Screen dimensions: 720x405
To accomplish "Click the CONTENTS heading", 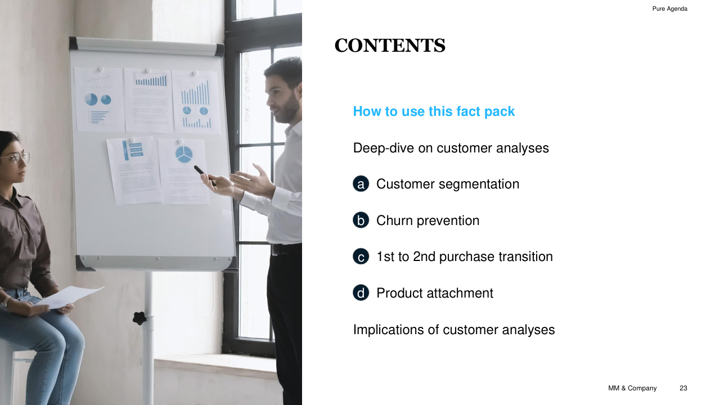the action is pos(390,46).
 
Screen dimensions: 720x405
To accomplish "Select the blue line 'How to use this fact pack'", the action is pos(434,111).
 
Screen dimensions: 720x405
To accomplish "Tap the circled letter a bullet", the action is pos(361,184).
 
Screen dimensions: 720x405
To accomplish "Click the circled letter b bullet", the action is pos(361,220).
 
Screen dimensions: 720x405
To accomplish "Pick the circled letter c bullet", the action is pos(361,256).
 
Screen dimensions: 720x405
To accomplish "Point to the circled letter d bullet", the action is pos(361,293).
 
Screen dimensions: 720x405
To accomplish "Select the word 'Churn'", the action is pos(395,220).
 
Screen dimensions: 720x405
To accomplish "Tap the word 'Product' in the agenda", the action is pos(399,293).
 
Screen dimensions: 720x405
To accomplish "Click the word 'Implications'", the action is pos(388,330).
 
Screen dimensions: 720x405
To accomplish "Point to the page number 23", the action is pos(683,388).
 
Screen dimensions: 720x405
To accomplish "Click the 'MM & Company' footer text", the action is pos(632,388).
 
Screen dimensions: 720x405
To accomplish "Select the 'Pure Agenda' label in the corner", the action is pos(670,8).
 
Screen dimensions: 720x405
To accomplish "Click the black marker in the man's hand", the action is pos(205,175).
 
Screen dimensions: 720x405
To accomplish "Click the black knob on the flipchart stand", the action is pos(139,318).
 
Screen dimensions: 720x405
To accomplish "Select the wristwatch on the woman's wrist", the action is pos(4,301).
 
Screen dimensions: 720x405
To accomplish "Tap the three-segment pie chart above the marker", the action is pos(184,154).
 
